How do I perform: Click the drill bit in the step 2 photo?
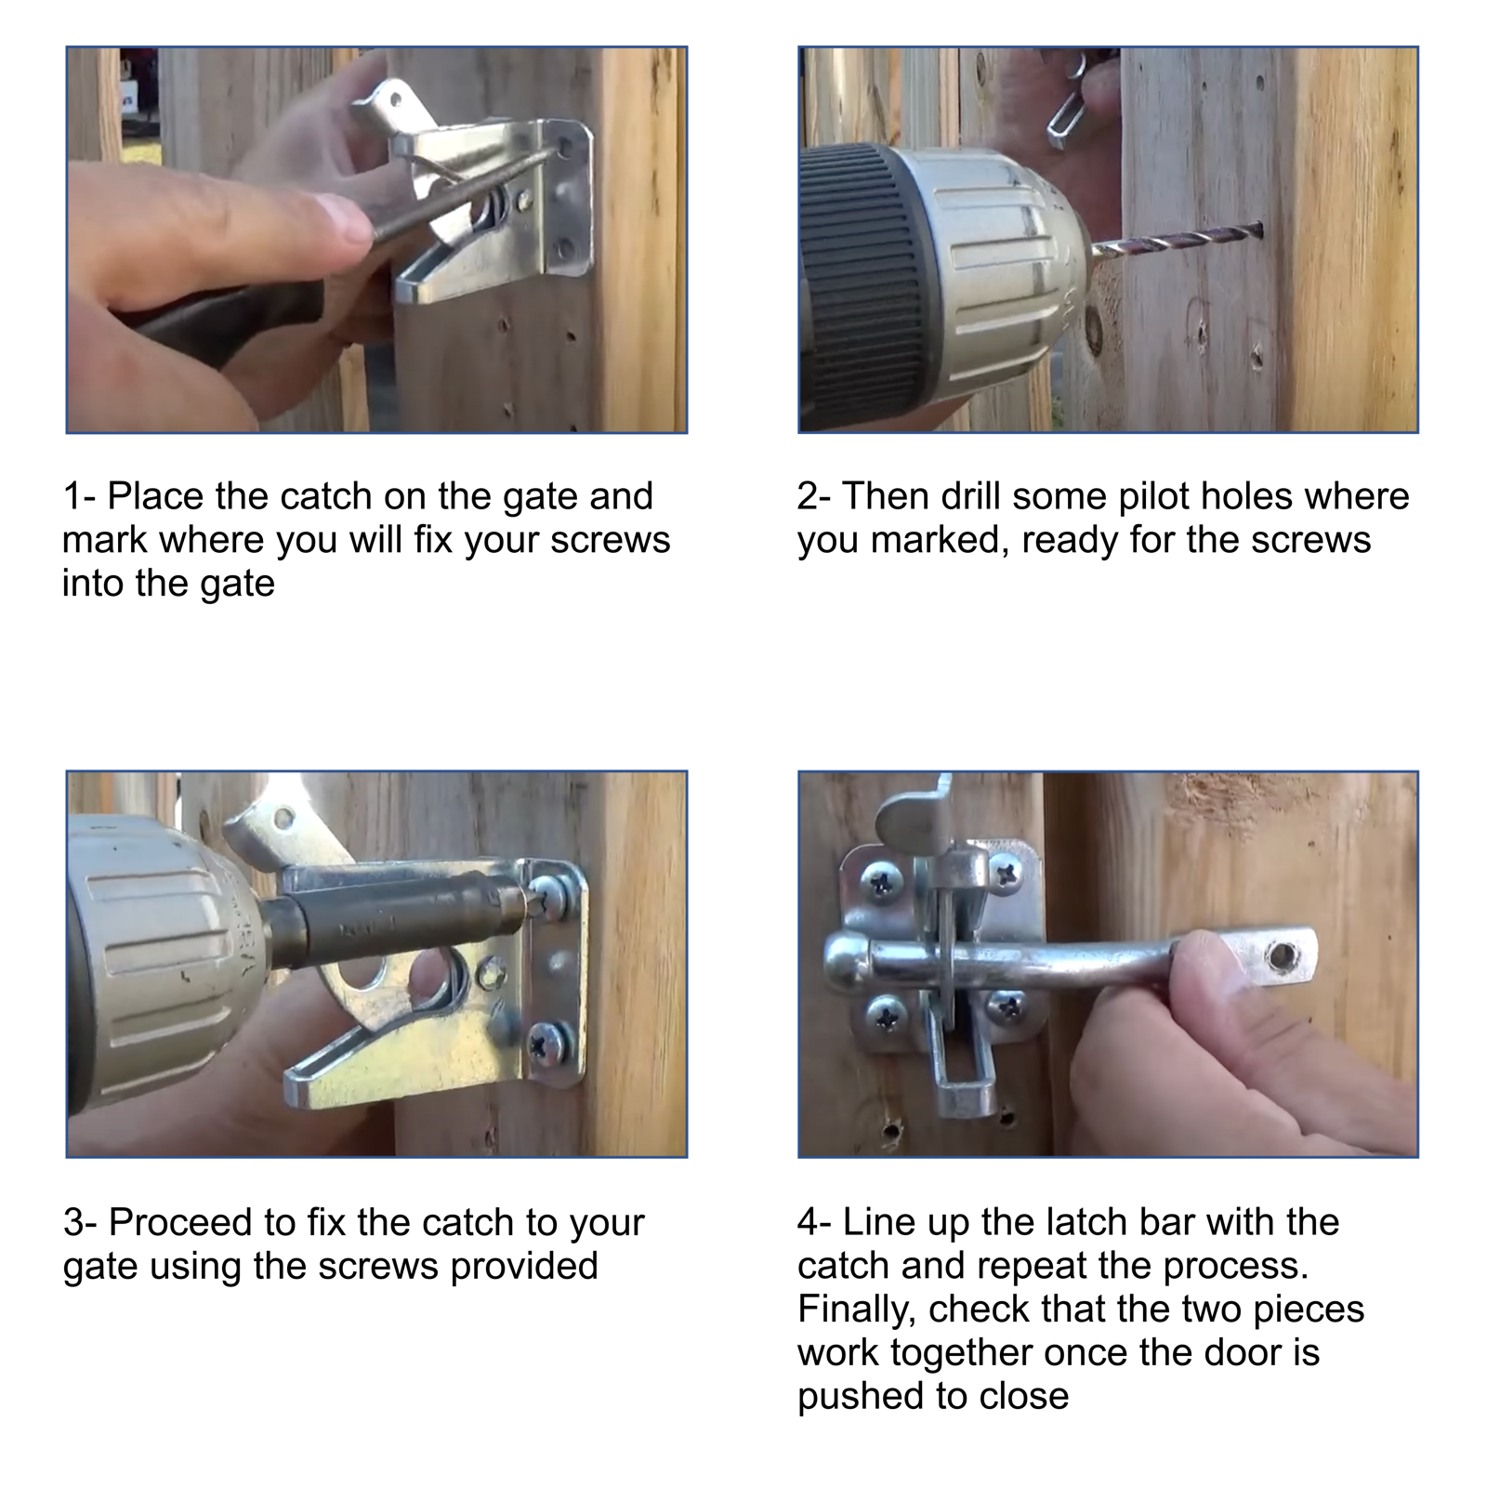coord(1180,240)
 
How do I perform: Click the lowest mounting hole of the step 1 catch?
coord(564,249)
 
